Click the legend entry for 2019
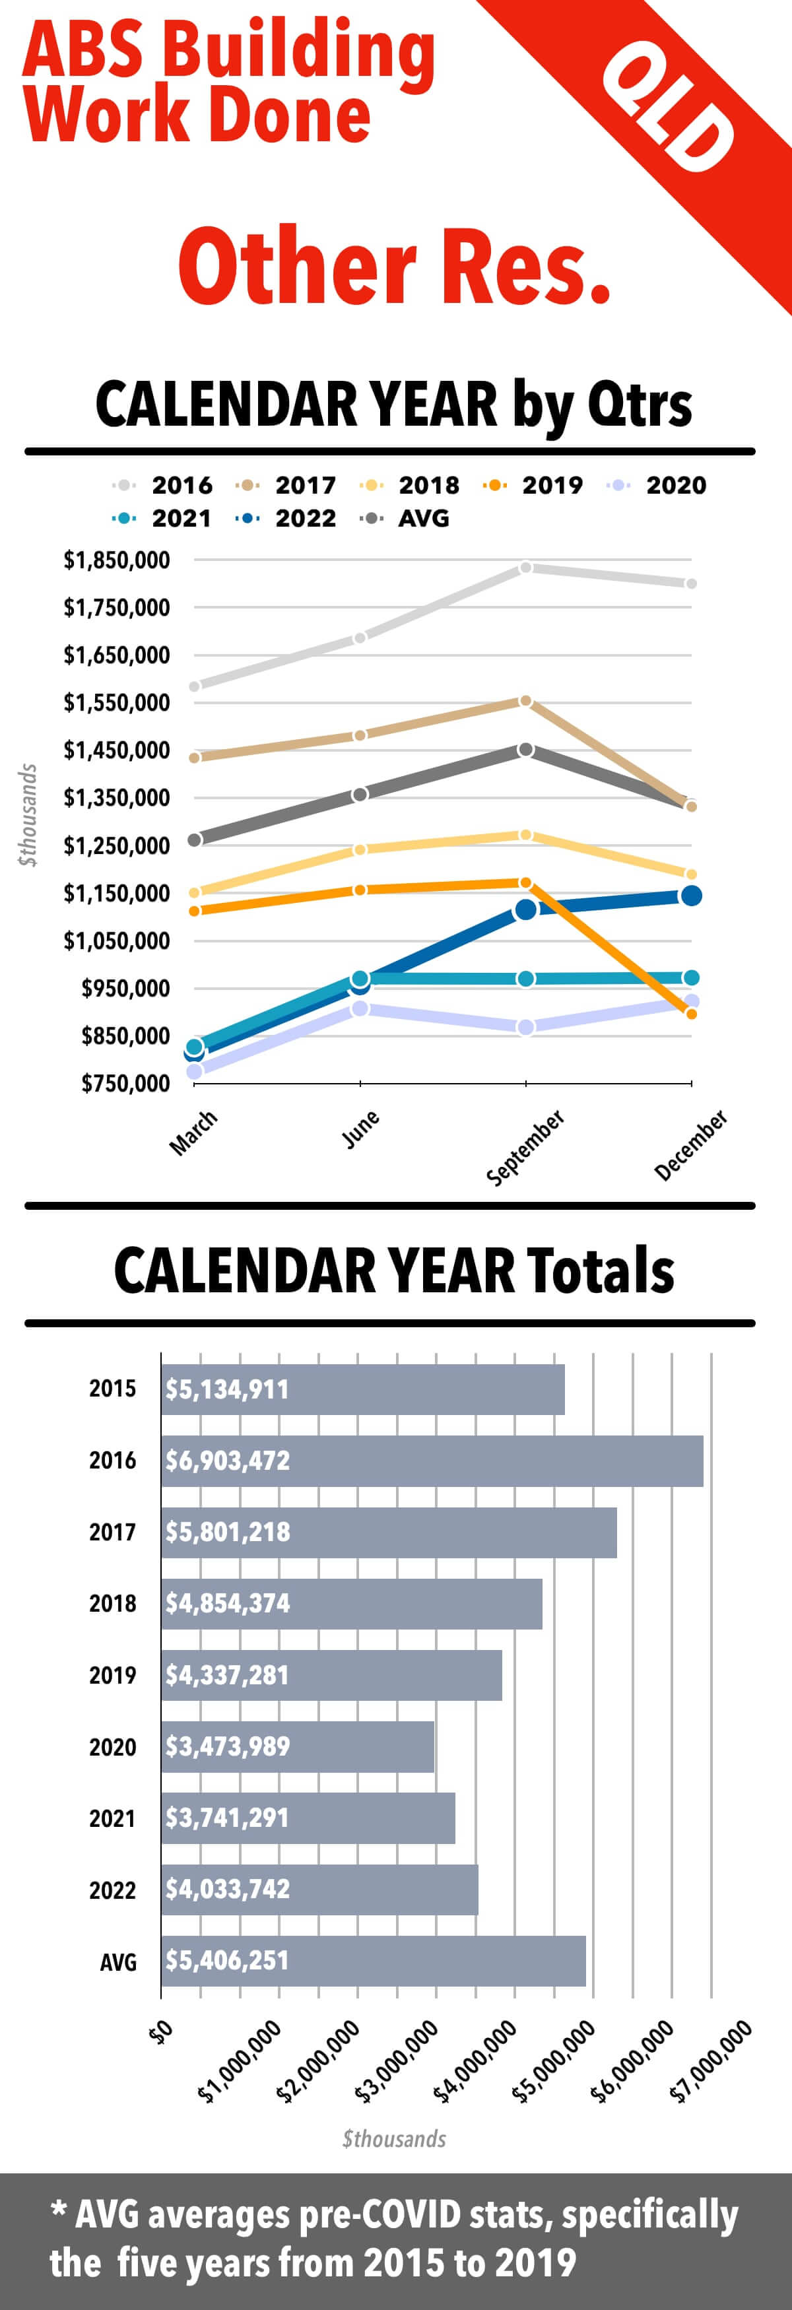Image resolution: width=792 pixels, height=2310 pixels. click(535, 485)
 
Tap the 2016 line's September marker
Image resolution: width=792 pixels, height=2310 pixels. click(525, 568)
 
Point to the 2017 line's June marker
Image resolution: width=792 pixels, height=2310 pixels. click(360, 735)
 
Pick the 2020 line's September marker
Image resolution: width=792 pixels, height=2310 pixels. click(525, 1027)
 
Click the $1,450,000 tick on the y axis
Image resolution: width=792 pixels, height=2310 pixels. click(117, 750)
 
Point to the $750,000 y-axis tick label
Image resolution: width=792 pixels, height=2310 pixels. click(125, 1083)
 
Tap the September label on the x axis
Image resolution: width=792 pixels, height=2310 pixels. click(525, 1147)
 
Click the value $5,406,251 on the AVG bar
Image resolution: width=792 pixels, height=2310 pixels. click(227, 1960)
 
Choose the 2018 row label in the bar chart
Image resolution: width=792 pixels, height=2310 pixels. click(112, 1603)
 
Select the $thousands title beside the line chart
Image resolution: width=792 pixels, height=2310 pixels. click(28, 814)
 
